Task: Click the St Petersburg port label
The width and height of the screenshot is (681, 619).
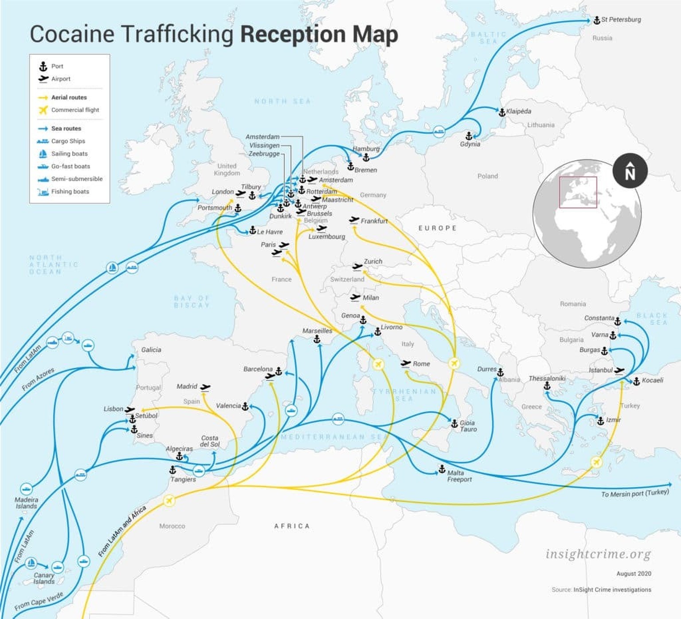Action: [x=621, y=20]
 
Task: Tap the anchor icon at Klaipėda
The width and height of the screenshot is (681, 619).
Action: [x=502, y=112]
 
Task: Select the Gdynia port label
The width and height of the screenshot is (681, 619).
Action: [x=470, y=144]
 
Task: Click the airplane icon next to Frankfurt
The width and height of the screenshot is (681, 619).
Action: [x=354, y=220]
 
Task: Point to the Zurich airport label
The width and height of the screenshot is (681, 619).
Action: [x=373, y=261]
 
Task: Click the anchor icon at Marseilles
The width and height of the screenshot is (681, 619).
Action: [x=317, y=339]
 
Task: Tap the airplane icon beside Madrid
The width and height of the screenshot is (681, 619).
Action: [x=205, y=387]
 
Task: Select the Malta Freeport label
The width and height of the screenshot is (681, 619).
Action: [x=459, y=476]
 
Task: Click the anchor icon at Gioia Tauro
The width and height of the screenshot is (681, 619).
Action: [x=454, y=424]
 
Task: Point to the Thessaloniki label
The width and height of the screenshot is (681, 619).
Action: [x=547, y=378]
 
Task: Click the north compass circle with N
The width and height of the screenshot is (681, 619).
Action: [x=630, y=171]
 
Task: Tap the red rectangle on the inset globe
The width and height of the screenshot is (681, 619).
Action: [x=578, y=192]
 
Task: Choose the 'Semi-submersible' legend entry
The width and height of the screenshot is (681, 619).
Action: [x=77, y=179]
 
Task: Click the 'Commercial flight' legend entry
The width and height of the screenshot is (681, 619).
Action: [x=75, y=110]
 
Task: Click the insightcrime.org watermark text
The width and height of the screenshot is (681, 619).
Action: [x=598, y=554]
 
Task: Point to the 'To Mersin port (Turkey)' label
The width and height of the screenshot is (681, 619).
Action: [x=635, y=493]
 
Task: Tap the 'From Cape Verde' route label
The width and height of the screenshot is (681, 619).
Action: [x=39, y=601]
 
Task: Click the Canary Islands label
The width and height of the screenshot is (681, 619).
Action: [x=44, y=578]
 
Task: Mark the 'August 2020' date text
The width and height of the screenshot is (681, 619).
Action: [x=634, y=573]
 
